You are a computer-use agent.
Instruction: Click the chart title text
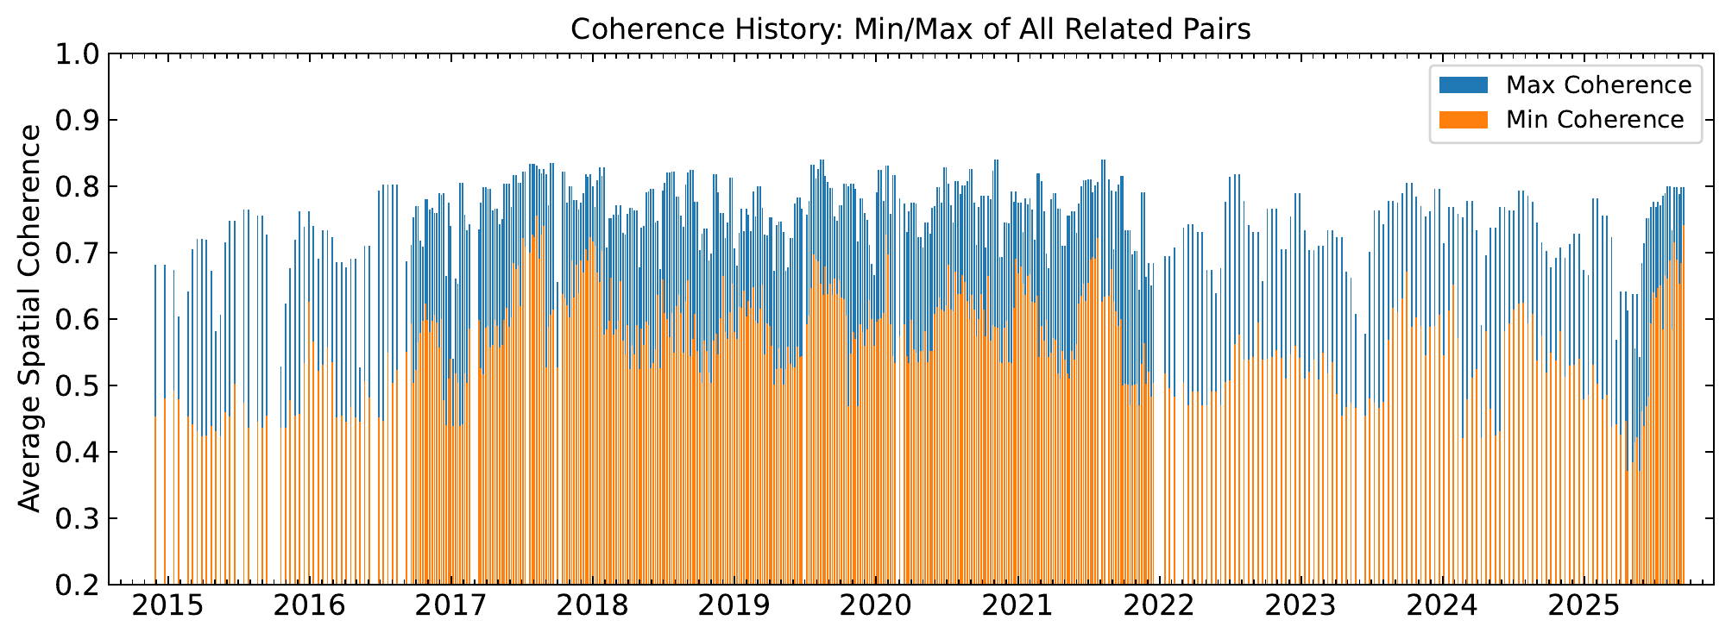[910, 29]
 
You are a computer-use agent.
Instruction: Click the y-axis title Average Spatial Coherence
[30, 319]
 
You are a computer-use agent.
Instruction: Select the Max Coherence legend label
[1598, 85]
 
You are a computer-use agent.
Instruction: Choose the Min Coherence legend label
[1595, 120]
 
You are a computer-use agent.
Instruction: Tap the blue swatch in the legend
[1464, 85]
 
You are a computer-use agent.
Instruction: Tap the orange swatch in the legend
[1464, 120]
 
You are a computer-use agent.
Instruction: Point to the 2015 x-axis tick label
[167, 606]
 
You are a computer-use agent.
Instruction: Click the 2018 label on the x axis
[592, 606]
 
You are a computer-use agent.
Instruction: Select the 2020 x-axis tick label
[875, 606]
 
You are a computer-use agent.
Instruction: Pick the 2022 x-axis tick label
[1158, 606]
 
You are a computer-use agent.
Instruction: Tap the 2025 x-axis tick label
[1584, 606]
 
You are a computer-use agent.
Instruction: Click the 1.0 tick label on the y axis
[75, 54]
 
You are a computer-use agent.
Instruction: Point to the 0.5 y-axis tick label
[75, 386]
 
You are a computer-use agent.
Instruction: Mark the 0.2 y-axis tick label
[75, 586]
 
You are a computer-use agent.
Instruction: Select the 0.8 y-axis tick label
[75, 187]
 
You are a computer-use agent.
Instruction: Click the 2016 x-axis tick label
[309, 606]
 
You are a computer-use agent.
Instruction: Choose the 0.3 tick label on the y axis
[75, 519]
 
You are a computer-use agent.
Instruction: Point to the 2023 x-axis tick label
[1300, 606]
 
